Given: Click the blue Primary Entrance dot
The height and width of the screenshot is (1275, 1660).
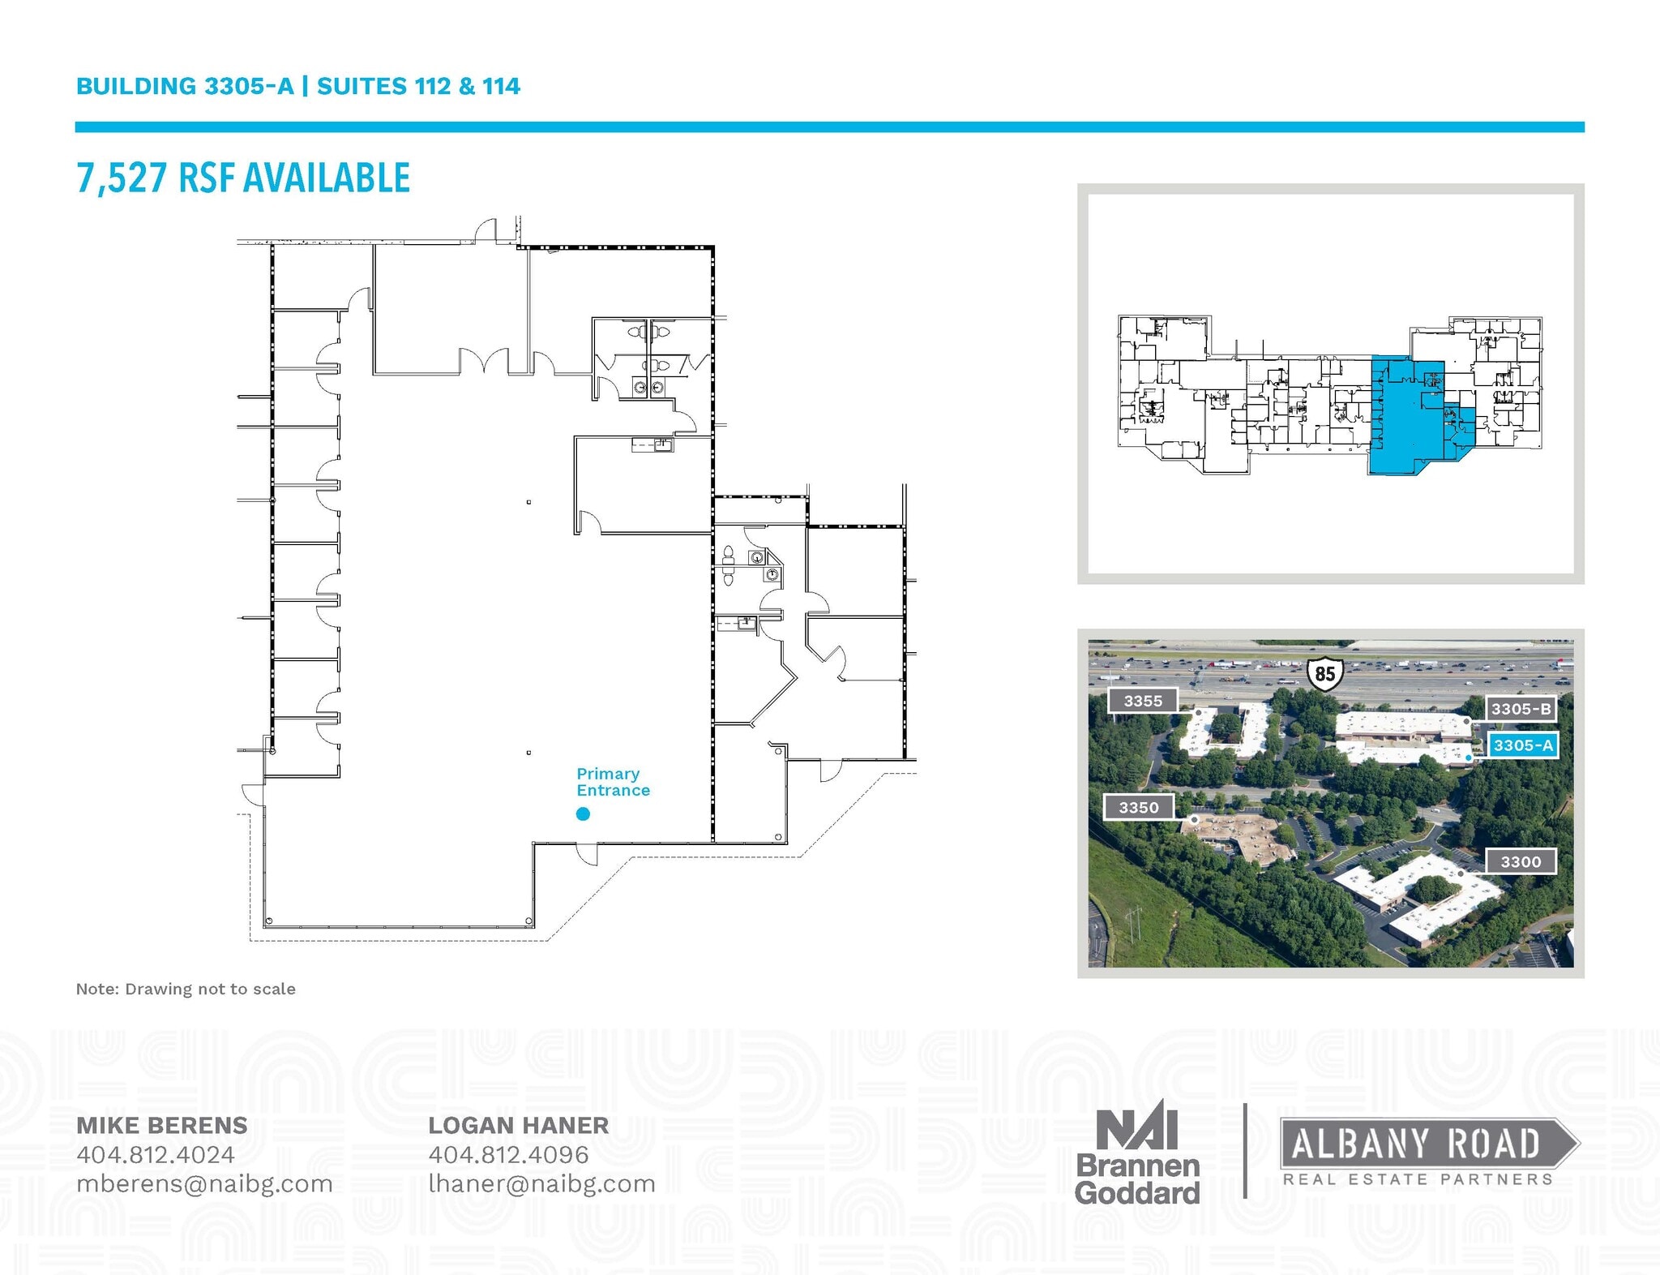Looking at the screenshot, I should point(583,814).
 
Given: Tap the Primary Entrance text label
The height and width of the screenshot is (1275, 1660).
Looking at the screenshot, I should point(613,782).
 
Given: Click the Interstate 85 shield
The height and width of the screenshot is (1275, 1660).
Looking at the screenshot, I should point(1324,673).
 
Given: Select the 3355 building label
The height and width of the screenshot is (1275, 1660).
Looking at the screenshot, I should point(1143,701).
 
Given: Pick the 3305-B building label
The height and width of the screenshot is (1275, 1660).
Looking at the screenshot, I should point(1521,709).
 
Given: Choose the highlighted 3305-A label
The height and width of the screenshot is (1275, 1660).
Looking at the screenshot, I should point(1523,745).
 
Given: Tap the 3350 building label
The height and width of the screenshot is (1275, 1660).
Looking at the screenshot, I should point(1139,807).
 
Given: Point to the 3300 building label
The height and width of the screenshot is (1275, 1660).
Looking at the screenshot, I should point(1520,861).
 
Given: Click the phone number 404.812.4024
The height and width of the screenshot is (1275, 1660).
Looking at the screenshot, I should point(156,1154).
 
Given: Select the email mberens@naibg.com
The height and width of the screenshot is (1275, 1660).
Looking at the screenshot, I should point(204,1183).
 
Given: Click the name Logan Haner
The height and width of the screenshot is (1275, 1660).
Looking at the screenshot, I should point(518,1125).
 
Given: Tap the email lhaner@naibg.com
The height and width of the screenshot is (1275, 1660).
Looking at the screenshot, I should point(541,1183).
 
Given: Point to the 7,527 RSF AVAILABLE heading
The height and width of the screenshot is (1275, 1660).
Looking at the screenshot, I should point(243,178).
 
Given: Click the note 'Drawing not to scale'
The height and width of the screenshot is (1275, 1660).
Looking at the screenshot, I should point(186,989).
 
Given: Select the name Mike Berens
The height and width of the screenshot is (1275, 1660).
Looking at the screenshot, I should point(162,1125).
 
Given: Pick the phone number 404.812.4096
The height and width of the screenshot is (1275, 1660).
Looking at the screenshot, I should point(508,1154).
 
